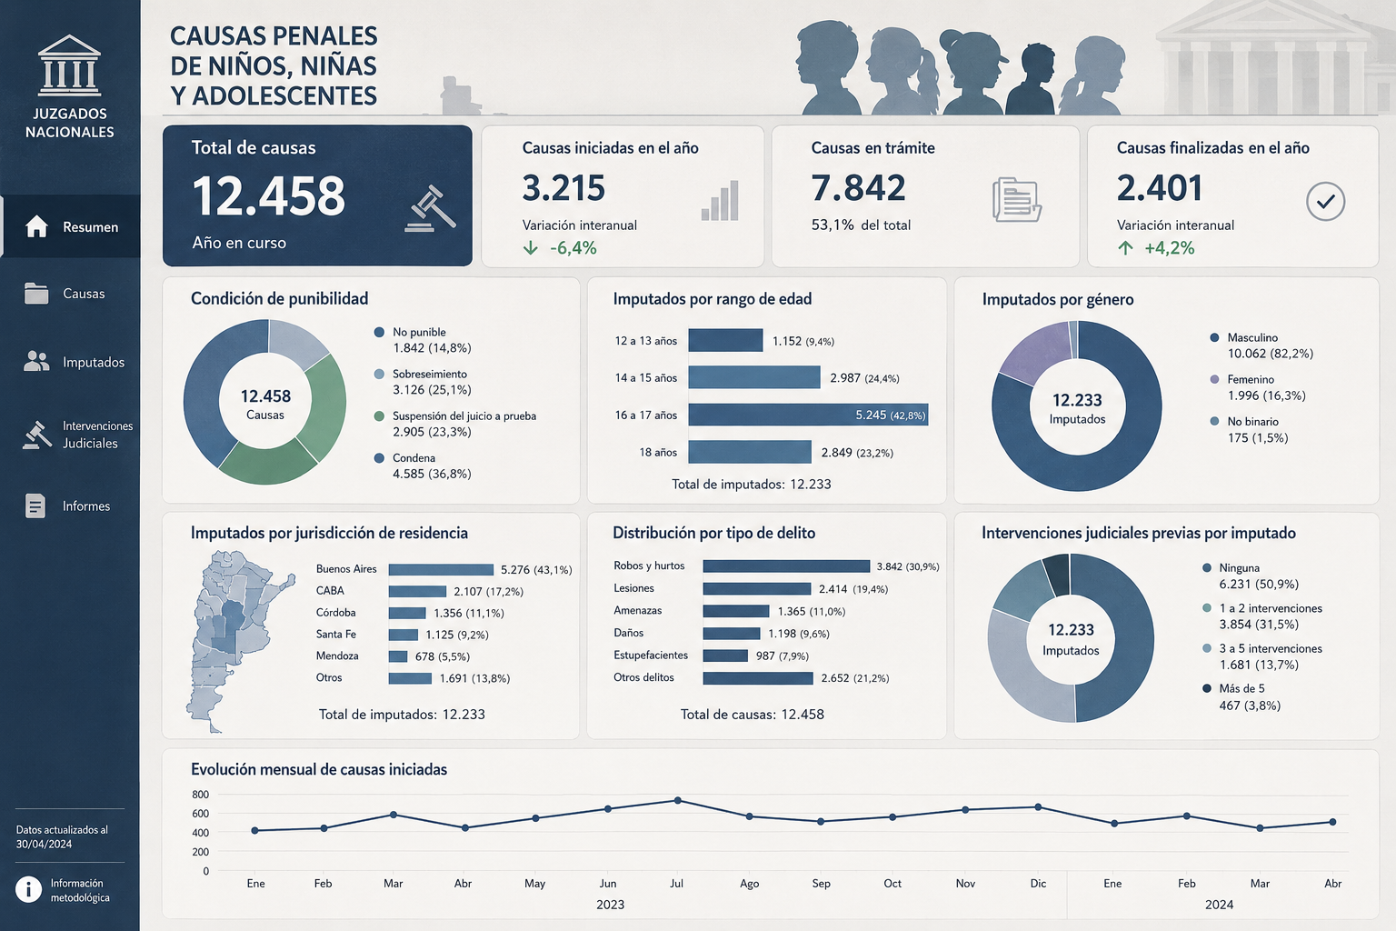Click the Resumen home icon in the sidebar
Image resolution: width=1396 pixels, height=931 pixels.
click(x=36, y=226)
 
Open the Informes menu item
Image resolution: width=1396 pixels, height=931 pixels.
click(x=67, y=506)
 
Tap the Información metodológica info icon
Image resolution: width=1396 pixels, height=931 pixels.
click(x=29, y=889)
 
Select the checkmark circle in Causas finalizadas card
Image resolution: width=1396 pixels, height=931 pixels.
click(x=1325, y=202)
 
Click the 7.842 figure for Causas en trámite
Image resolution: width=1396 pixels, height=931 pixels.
click(x=858, y=187)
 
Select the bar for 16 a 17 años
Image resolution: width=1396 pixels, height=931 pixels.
click(x=808, y=415)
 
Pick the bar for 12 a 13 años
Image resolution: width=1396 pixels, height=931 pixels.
click(x=725, y=340)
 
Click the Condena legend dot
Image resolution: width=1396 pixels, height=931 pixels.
click(x=379, y=458)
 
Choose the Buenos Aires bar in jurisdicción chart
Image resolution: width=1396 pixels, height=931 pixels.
click(x=441, y=569)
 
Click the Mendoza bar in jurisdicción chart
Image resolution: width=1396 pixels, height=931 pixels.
click(x=397, y=656)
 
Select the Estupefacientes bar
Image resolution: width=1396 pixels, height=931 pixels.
click(x=725, y=656)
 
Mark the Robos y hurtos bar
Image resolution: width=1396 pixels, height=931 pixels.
click(x=786, y=566)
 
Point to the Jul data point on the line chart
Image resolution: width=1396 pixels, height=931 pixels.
click(x=677, y=801)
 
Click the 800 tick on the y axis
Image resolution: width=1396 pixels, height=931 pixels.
click(x=201, y=795)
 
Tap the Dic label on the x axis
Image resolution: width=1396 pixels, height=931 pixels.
click(x=1038, y=883)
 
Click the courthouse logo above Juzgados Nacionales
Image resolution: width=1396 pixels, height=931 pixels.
click(x=69, y=65)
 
